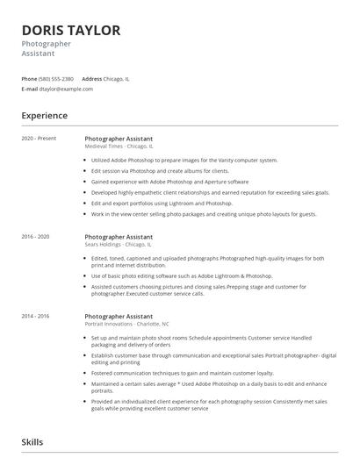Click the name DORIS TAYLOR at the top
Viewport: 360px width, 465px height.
click(71, 31)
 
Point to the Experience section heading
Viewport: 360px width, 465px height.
click(44, 115)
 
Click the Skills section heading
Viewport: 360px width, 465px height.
click(32, 442)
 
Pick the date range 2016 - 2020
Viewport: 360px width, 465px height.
click(35, 237)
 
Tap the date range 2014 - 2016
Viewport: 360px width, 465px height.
click(35, 316)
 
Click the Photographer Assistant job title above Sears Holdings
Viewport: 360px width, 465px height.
click(119, 237)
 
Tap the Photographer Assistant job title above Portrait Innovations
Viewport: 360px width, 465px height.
click(119, 316)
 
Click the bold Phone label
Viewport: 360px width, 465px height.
click(29, 79)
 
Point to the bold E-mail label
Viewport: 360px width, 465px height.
click(30, 89)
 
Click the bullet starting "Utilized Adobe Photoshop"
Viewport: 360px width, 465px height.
click(184, 161)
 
